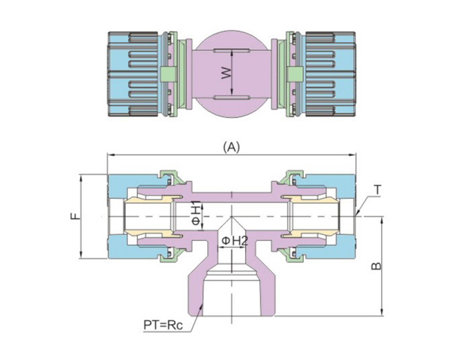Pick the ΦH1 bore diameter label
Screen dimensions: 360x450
[196, 214]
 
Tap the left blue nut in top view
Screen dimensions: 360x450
[129, 73]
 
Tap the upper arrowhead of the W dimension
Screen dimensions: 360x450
[232, 51]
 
